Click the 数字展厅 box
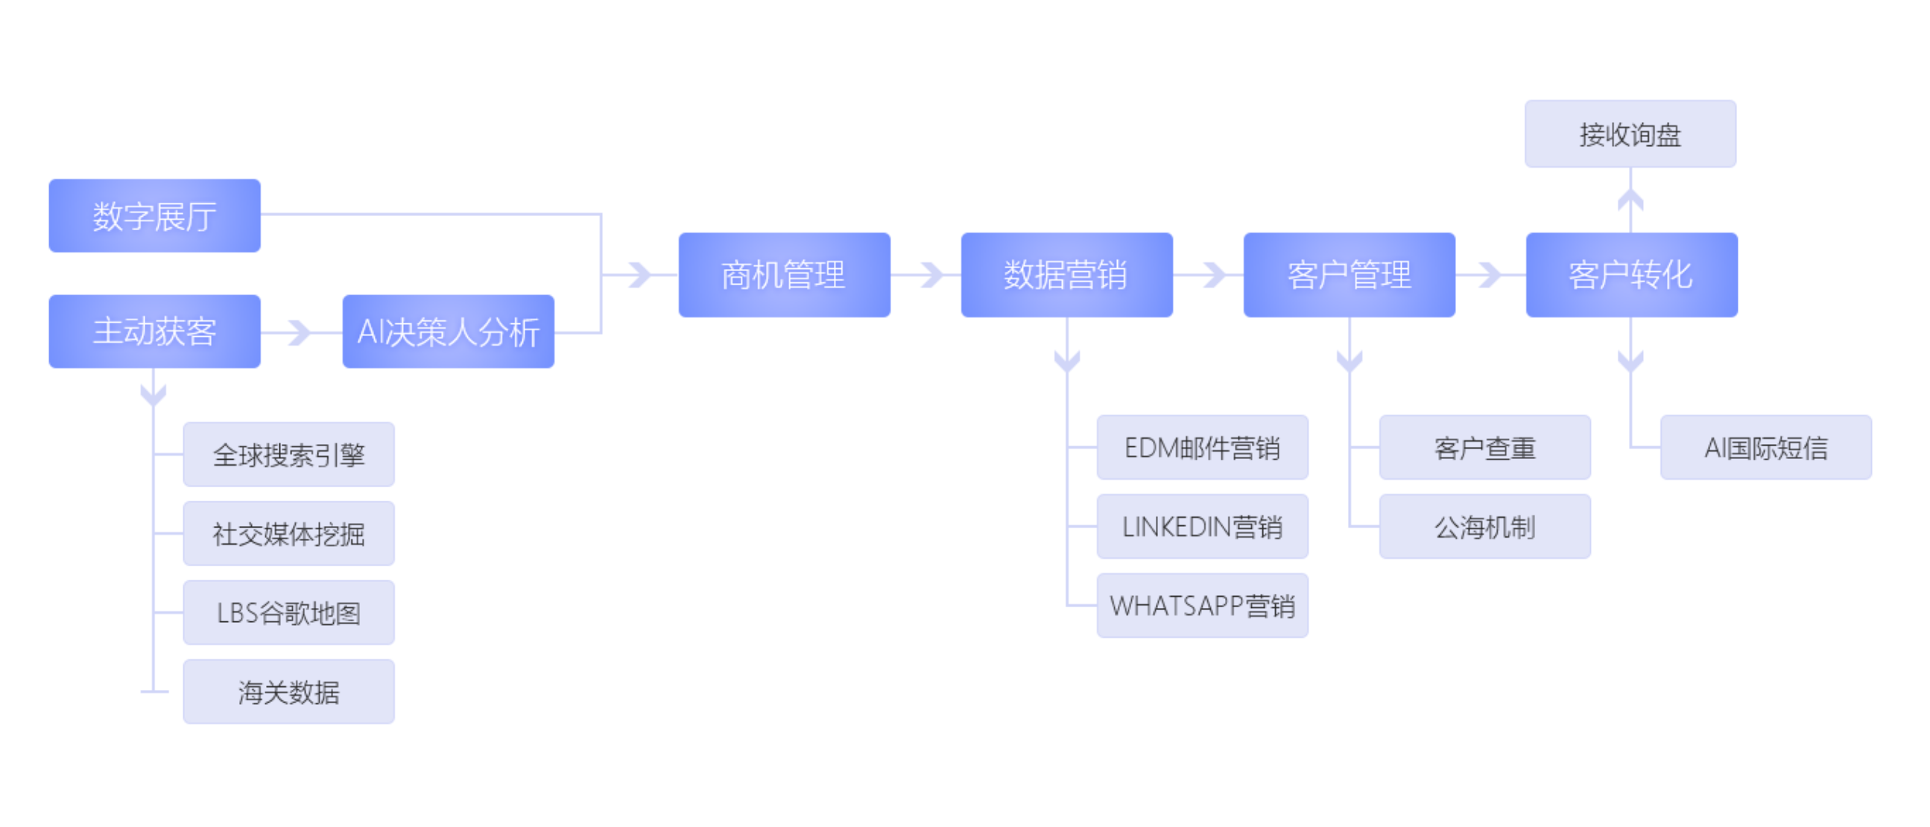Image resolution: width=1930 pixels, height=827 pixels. pos(154,216)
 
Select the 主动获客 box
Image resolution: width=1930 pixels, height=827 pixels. pos(154,331)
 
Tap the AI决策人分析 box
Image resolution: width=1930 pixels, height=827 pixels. pos(448,331)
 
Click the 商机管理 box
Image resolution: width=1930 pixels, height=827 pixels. pos(784,275)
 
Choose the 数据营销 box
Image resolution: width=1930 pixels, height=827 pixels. pos(1066,275)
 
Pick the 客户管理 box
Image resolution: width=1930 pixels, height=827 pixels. pos(1349,275)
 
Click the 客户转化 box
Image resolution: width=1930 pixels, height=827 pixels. pos(1631,275)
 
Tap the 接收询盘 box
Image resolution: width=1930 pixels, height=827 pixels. pos(1630,134)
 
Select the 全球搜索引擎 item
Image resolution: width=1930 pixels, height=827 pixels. pos(288,454)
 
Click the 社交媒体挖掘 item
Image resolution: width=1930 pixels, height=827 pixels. pos(288,533)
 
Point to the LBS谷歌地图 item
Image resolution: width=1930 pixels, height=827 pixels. pos(288,612)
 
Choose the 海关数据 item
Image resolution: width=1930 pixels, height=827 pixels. pos(288,691)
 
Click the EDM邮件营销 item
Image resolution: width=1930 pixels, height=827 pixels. pos(1202,447)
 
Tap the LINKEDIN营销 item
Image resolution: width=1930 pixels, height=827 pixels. pos(1202,527)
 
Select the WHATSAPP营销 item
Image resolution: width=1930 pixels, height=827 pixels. pos(1202,605)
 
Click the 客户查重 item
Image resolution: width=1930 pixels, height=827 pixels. pos(1484,447)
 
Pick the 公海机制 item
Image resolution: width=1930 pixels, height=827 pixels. pos(1484,527)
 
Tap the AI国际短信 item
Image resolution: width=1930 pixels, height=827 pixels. pos(1765,447)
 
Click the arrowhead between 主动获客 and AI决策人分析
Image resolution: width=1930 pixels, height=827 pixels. pos(300,332)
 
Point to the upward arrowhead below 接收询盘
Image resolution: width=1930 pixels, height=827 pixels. pos(1630,199)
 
